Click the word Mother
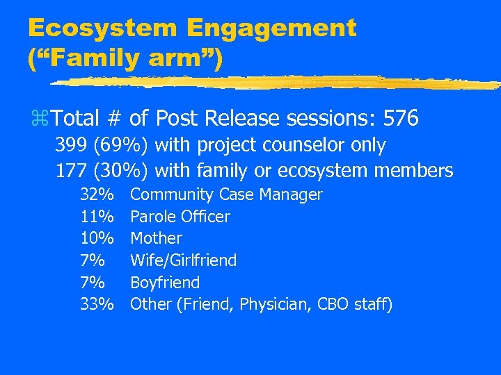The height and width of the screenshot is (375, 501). coord(156,238)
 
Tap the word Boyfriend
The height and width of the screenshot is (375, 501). coord(165,283)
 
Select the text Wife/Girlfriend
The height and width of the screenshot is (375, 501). coord(183,260)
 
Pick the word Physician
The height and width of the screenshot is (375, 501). coord(271,303)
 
